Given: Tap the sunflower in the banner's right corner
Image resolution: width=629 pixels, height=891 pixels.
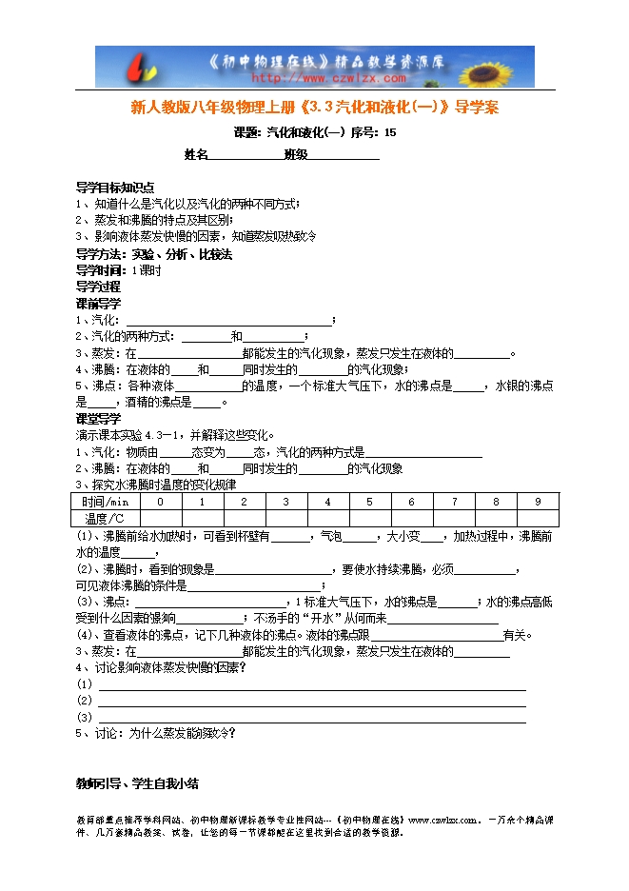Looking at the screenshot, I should (509, 67).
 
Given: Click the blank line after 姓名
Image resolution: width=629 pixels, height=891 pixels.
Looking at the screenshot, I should (245, 154).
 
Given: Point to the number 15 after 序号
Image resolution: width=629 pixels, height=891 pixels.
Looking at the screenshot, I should (389, 132).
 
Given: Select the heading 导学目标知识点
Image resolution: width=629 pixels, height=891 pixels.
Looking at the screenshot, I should (115, 188).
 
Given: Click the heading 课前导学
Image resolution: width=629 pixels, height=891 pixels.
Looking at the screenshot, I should (98, 304).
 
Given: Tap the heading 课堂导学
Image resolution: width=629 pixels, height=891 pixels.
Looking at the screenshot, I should (98, 418).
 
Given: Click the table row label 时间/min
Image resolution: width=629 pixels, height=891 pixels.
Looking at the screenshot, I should (105, 502).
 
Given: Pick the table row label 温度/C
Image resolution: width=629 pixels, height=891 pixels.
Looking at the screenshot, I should (105, 518).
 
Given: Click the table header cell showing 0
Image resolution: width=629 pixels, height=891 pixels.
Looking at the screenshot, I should (160, 502).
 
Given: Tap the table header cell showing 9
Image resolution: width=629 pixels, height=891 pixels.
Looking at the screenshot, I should (538, 502).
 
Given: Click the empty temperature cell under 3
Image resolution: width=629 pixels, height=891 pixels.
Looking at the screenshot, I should (285, 518).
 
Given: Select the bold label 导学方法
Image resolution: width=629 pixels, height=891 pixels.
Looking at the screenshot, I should (99, 254).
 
